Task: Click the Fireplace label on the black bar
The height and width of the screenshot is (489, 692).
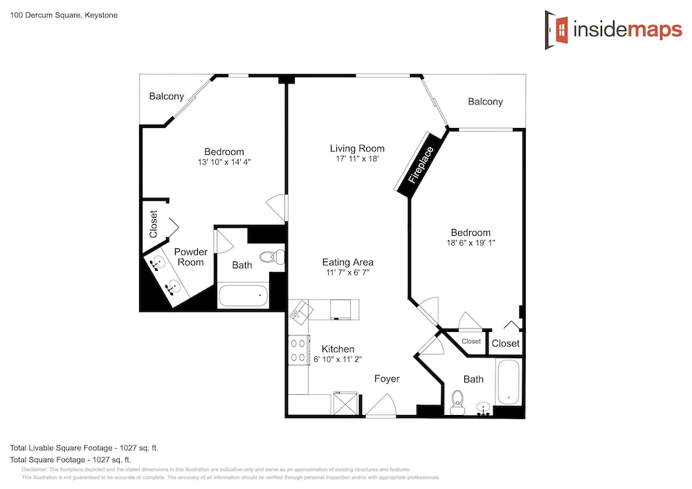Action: coord(421,165)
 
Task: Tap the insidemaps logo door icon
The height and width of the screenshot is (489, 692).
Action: coord(556,30)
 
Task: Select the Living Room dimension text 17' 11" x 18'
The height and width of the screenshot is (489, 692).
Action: coord(357,159)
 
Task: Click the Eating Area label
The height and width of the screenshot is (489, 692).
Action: coord(348,262)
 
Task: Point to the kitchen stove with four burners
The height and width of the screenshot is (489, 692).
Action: coord(298,350)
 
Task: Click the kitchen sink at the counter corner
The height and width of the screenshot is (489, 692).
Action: coord(301,313)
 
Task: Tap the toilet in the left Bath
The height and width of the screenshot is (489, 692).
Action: coord(272,257)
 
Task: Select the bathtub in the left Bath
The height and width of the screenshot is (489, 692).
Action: coord(243,296)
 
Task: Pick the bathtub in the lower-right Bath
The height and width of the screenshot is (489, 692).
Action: coord(509,382)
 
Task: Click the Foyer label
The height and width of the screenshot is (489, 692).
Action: coord(387,379)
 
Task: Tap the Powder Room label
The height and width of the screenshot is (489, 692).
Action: coord(191,257)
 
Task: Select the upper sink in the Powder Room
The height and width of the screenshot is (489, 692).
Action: coord(156,264)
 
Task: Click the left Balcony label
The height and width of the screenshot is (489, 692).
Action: coord(166,97)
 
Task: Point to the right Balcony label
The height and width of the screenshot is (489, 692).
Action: coord(486,102)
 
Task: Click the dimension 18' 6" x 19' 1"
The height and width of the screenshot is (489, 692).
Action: coord(471,243)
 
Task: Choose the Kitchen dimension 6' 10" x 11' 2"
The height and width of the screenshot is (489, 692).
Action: coord(338,360)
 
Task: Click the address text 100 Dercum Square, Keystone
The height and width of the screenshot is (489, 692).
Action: coord(64,15)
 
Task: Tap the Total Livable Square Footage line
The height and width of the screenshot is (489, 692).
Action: coord(84,448)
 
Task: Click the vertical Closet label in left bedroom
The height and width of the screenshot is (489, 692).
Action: coord(154,224)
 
